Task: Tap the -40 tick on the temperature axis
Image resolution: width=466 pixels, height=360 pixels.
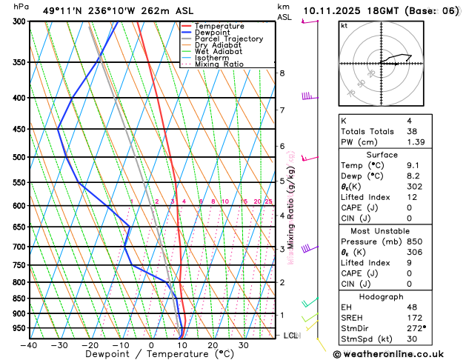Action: (29, 345)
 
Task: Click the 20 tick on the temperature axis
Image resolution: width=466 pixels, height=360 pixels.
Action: (213, 345)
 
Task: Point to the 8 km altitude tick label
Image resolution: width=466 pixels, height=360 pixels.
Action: (282, 73)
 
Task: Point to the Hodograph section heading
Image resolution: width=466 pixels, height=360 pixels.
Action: (398, 296)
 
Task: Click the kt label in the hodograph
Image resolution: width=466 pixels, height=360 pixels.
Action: (344, 26)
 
